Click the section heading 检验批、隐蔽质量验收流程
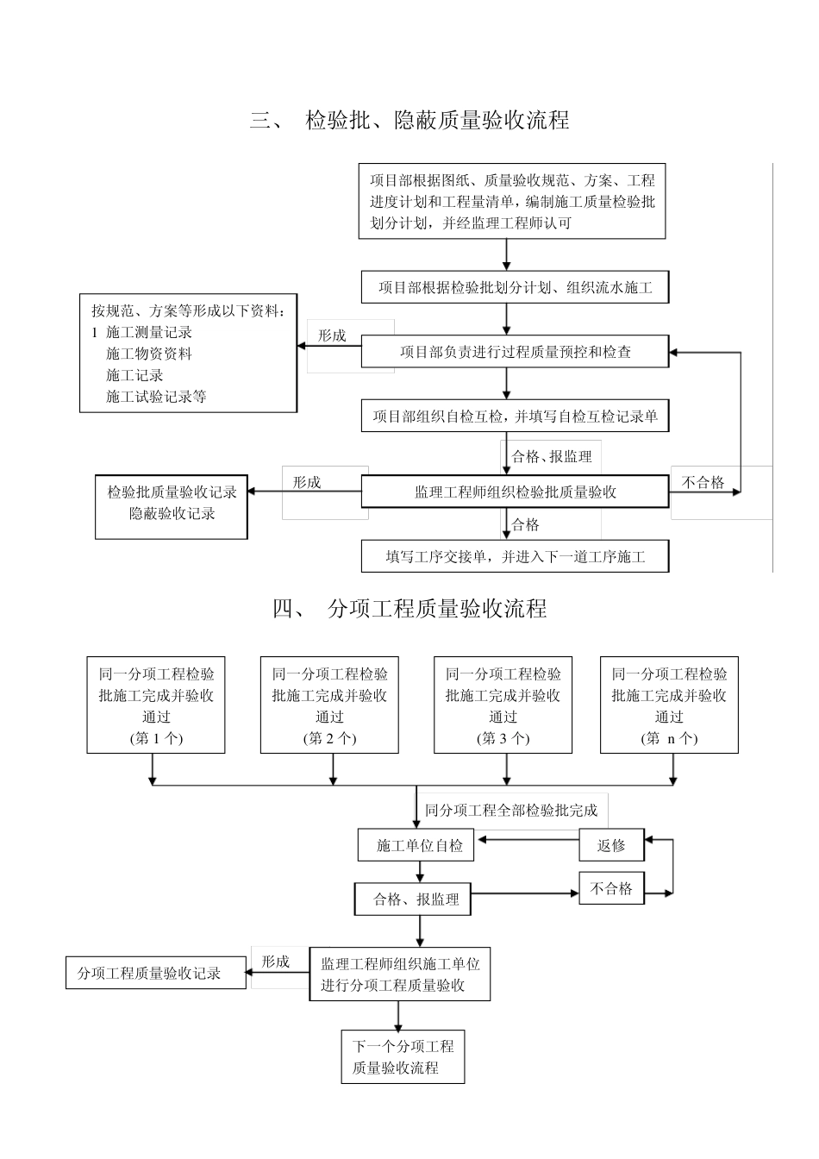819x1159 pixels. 437,121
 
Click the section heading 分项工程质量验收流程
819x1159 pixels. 437,609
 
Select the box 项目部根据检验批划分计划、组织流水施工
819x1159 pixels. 515,287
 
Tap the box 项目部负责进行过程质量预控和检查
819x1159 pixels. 515,352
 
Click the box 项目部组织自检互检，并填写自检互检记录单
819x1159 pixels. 515,417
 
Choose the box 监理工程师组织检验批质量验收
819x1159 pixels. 515,492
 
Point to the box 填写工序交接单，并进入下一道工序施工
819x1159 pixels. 515,556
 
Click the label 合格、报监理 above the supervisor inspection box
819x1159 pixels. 552,457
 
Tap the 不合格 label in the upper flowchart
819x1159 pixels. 703,483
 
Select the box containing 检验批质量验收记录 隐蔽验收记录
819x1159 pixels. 172,503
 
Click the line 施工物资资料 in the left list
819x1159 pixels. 148,354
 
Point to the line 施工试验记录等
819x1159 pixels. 156,397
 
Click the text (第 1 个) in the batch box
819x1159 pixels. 156,738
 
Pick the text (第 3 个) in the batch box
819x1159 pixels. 503,738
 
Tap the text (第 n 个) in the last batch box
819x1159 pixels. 669,738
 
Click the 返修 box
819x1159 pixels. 611,846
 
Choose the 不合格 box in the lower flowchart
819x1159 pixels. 611,889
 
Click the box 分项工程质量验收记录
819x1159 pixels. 149,973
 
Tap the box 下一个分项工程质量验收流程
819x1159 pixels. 403,1057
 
